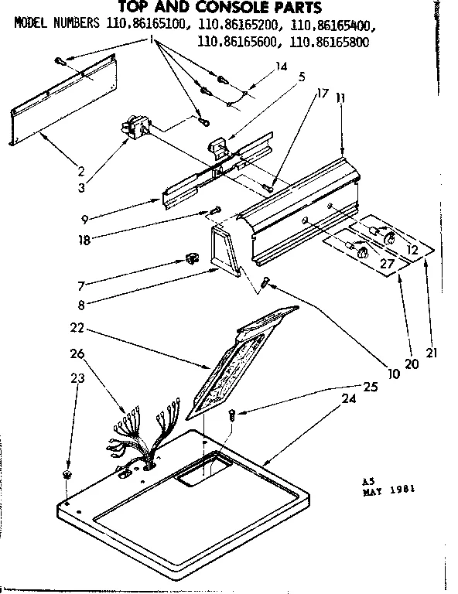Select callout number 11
tap(341, 100)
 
